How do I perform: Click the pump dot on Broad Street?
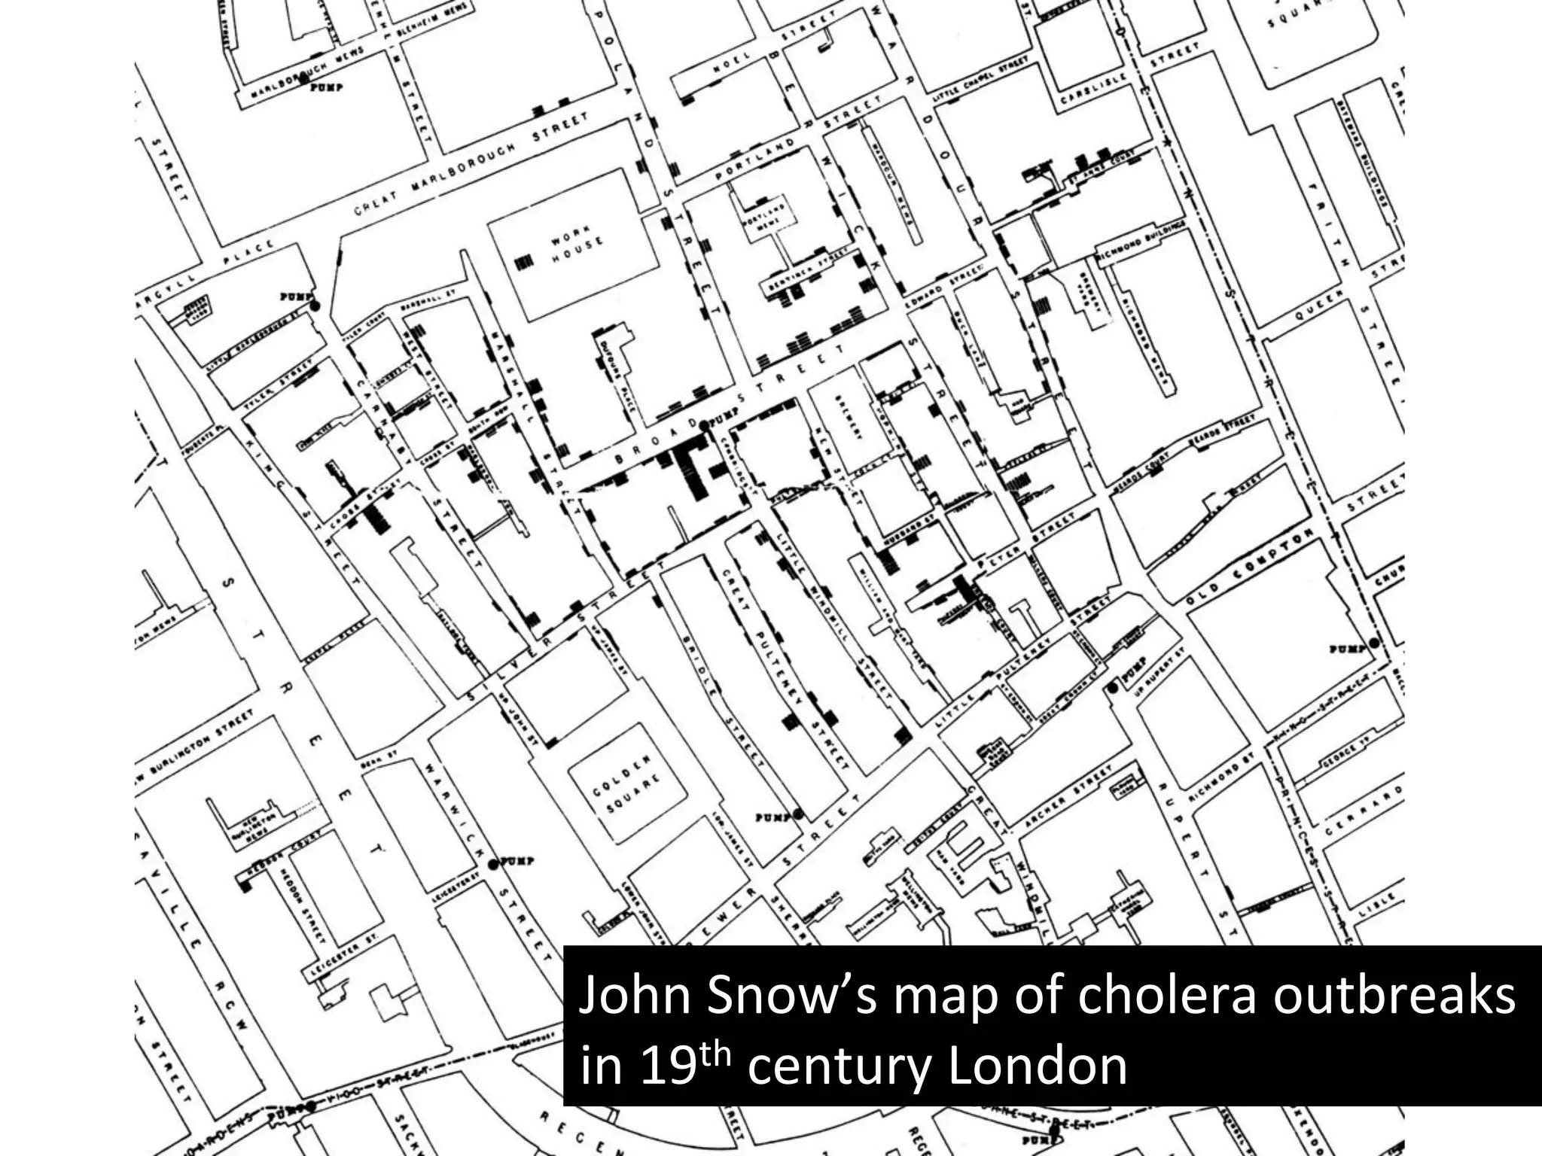pos(704,426)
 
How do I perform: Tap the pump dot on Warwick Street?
pos(494,864)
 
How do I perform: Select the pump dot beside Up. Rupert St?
pos(1113,688)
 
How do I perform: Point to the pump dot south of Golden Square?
pos(798,814)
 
